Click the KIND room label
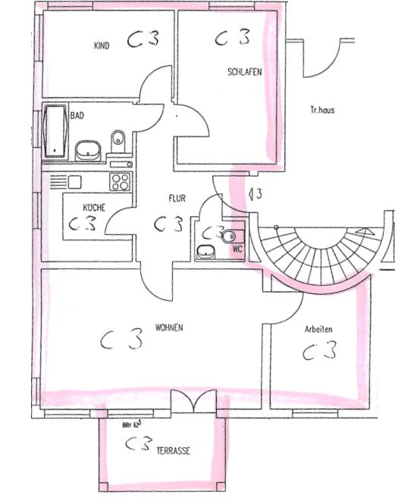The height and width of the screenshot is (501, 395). pyautogui.click(x=102, y=46)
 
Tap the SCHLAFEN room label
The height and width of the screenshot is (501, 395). pyautogui.click(x=244, y=72)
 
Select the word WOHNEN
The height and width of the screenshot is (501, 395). pyautogui.click(x=170, y=328)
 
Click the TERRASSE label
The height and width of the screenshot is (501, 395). pyautogui.click(x=173, y=450)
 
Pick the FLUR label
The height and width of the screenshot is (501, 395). pyautogui.click(x=177, y=199)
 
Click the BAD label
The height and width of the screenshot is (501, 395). pyautogui.click(x=77, y=116)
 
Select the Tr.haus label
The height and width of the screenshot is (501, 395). pyautogui.click(x=321, y=110)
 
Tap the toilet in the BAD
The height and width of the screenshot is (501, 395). pyautogui.click(x=118, y=140)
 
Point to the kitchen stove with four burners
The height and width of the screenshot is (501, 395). pyautogui.click(x=121, y=181)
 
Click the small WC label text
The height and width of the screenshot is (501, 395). pyautogui.click(x=237, y=248)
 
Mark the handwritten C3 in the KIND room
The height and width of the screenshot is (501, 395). pyautogui.click(x=143, y=41)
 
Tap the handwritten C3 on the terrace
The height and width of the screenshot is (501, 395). pyautogui.click(x=136, y=443)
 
